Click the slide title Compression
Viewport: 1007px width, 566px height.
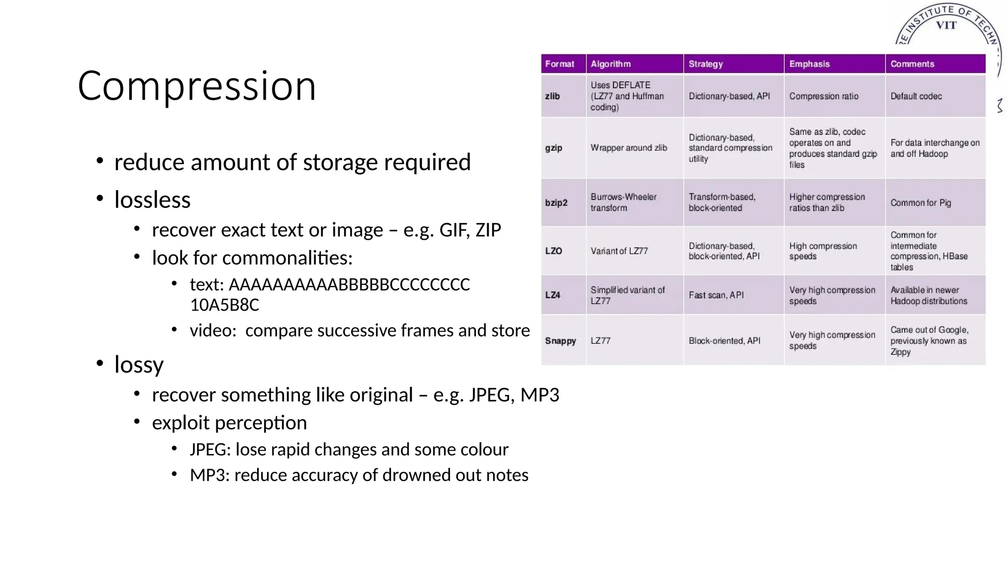pyautogui.click(x=197, y=86)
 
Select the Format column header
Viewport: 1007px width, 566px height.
pyautogui.click(x=560, y=64)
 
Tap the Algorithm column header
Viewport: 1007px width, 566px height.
pyautogui.click(x=611, y=64)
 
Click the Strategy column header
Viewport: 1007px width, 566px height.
pyautogui.click(x=706, y=64)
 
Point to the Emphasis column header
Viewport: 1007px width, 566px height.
pyautogui.click(x=809, y=64)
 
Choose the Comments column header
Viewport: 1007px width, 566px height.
pyautogui.click(x=912, y=64)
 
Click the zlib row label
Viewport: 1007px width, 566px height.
pyautogui.click(x=553, y=96)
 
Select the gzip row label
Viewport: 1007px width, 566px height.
pyautogui.click(x=554, y=148)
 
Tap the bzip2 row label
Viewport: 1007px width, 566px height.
pyautogui.click(x=556, y=203)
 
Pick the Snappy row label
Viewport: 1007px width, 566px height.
pyautogui.click(x=560, y=341)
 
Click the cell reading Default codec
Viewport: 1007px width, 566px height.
pyautogui.click(x=916, y=96)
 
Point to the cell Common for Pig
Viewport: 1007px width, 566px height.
pyautogui.click(x=920, y=203)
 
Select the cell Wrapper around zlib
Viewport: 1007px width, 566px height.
pyautogui.click(x=629, y=148)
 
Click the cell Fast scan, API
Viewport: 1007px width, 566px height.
pyautogui.click(x=716, y=295)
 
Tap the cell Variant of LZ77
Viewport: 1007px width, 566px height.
pyautogui.click(x=619, y=251)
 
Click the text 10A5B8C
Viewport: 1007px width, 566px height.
pyautogui.click(x=224, y=305)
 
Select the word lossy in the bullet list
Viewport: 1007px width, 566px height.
pyautogui.click(x=139, y=365)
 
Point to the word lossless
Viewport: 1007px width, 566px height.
pyautogui.click(x=152, y=200)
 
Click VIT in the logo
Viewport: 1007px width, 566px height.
pyautogui.click(x=946, y=25)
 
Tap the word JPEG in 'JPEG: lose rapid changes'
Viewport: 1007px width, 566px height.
pyautogui.click(x=209, y=450)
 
